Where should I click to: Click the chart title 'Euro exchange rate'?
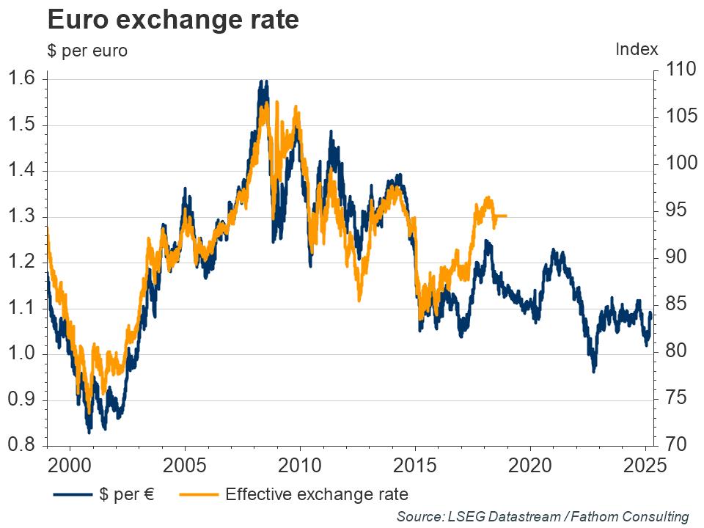point(173,20)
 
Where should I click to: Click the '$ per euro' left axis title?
point(87,51)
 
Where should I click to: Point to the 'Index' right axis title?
point(637,49)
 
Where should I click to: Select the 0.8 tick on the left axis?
point(24,445)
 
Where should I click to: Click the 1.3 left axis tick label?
point(24,217)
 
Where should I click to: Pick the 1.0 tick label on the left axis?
point(24,354)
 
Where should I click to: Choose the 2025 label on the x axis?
point(645,466)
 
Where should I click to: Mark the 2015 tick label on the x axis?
point(415,466)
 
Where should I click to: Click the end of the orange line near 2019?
point(506,216)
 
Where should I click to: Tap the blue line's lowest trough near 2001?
point(89,431)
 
